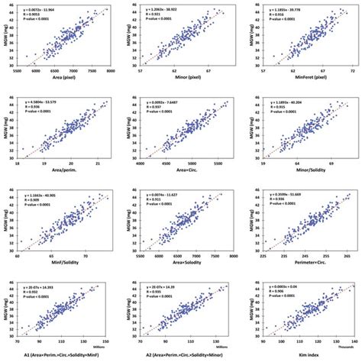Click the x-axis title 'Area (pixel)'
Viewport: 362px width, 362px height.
68,79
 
